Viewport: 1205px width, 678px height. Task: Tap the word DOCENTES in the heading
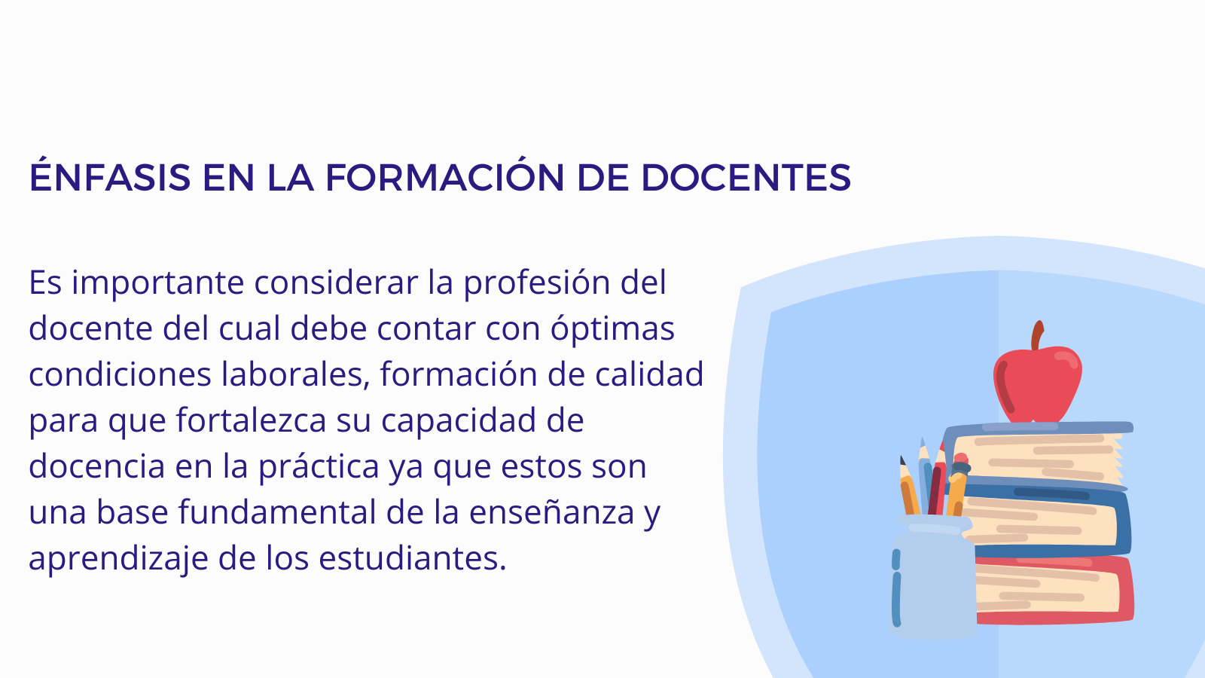click(x=746, y=177)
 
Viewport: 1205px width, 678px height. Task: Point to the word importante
click(x=158, y=283)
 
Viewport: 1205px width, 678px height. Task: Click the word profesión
click(x=537, y=283)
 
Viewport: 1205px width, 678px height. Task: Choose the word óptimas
click(x=612, y=328)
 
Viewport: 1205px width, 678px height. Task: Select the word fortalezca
click(x=252, y=420)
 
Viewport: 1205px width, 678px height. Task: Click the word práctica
click(x=319, y=466)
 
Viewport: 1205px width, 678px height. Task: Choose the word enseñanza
click(x=551, y=512)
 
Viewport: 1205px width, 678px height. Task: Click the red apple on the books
click(x=1037, y=383)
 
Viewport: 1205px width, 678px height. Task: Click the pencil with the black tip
click(x=909, y=487)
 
